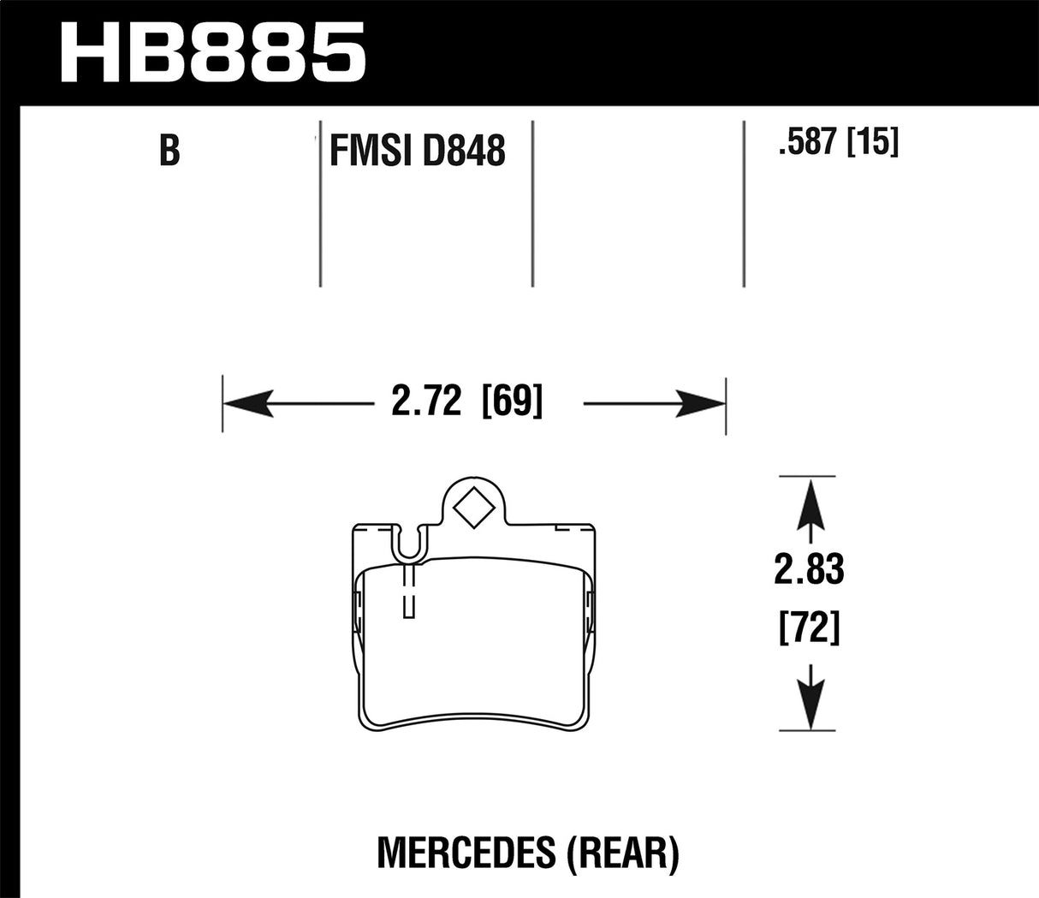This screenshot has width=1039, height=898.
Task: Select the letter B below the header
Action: (169, 151)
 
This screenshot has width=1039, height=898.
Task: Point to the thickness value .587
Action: (806, 142)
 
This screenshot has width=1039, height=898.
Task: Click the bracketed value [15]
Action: (872, 142)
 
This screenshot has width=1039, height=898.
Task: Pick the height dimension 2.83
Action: (809, 570)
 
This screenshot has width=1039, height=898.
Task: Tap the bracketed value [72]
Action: (809, 629)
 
